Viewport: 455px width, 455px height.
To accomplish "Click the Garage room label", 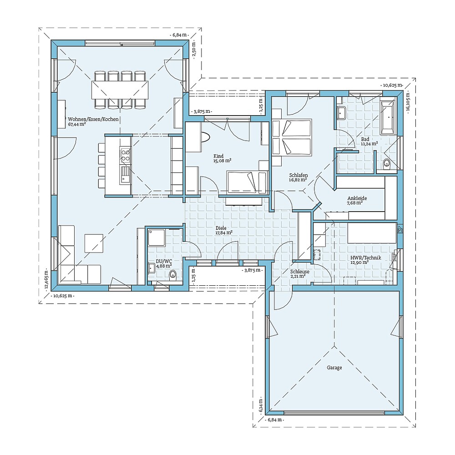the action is coord(334,368).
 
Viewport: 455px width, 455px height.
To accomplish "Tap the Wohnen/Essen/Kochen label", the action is coord(93,119).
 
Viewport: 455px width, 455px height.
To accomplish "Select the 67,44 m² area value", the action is coord(77,124).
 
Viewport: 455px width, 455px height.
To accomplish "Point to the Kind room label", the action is coord(218,156).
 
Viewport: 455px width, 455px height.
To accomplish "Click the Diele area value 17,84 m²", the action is coord(224,233).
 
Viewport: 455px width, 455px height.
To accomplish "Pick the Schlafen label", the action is coord(298,175).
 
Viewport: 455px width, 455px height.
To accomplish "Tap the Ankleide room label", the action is coord(357,198).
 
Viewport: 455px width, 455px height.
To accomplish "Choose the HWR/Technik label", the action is coord(366,258).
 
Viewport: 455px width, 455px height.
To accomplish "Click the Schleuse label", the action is coord(300,272).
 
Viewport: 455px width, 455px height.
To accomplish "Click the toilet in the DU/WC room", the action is coord(172,274).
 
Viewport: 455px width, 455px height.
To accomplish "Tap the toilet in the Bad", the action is coord(387,164).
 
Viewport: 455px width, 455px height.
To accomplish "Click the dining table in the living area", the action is coord(120,90).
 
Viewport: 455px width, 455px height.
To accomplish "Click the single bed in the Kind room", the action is coord(247,182).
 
